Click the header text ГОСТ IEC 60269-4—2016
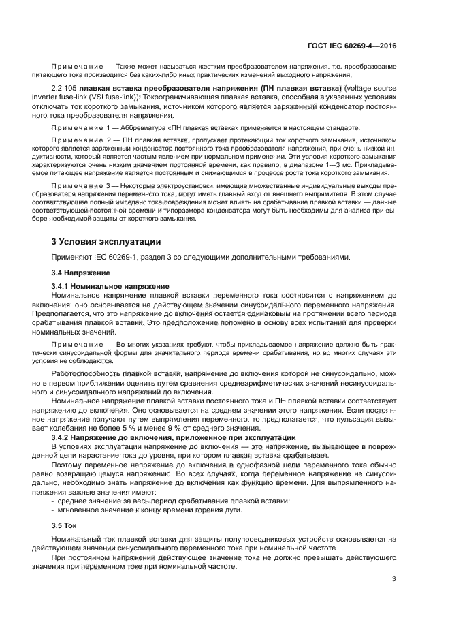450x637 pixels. [351, 46]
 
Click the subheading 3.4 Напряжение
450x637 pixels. [78, 272]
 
